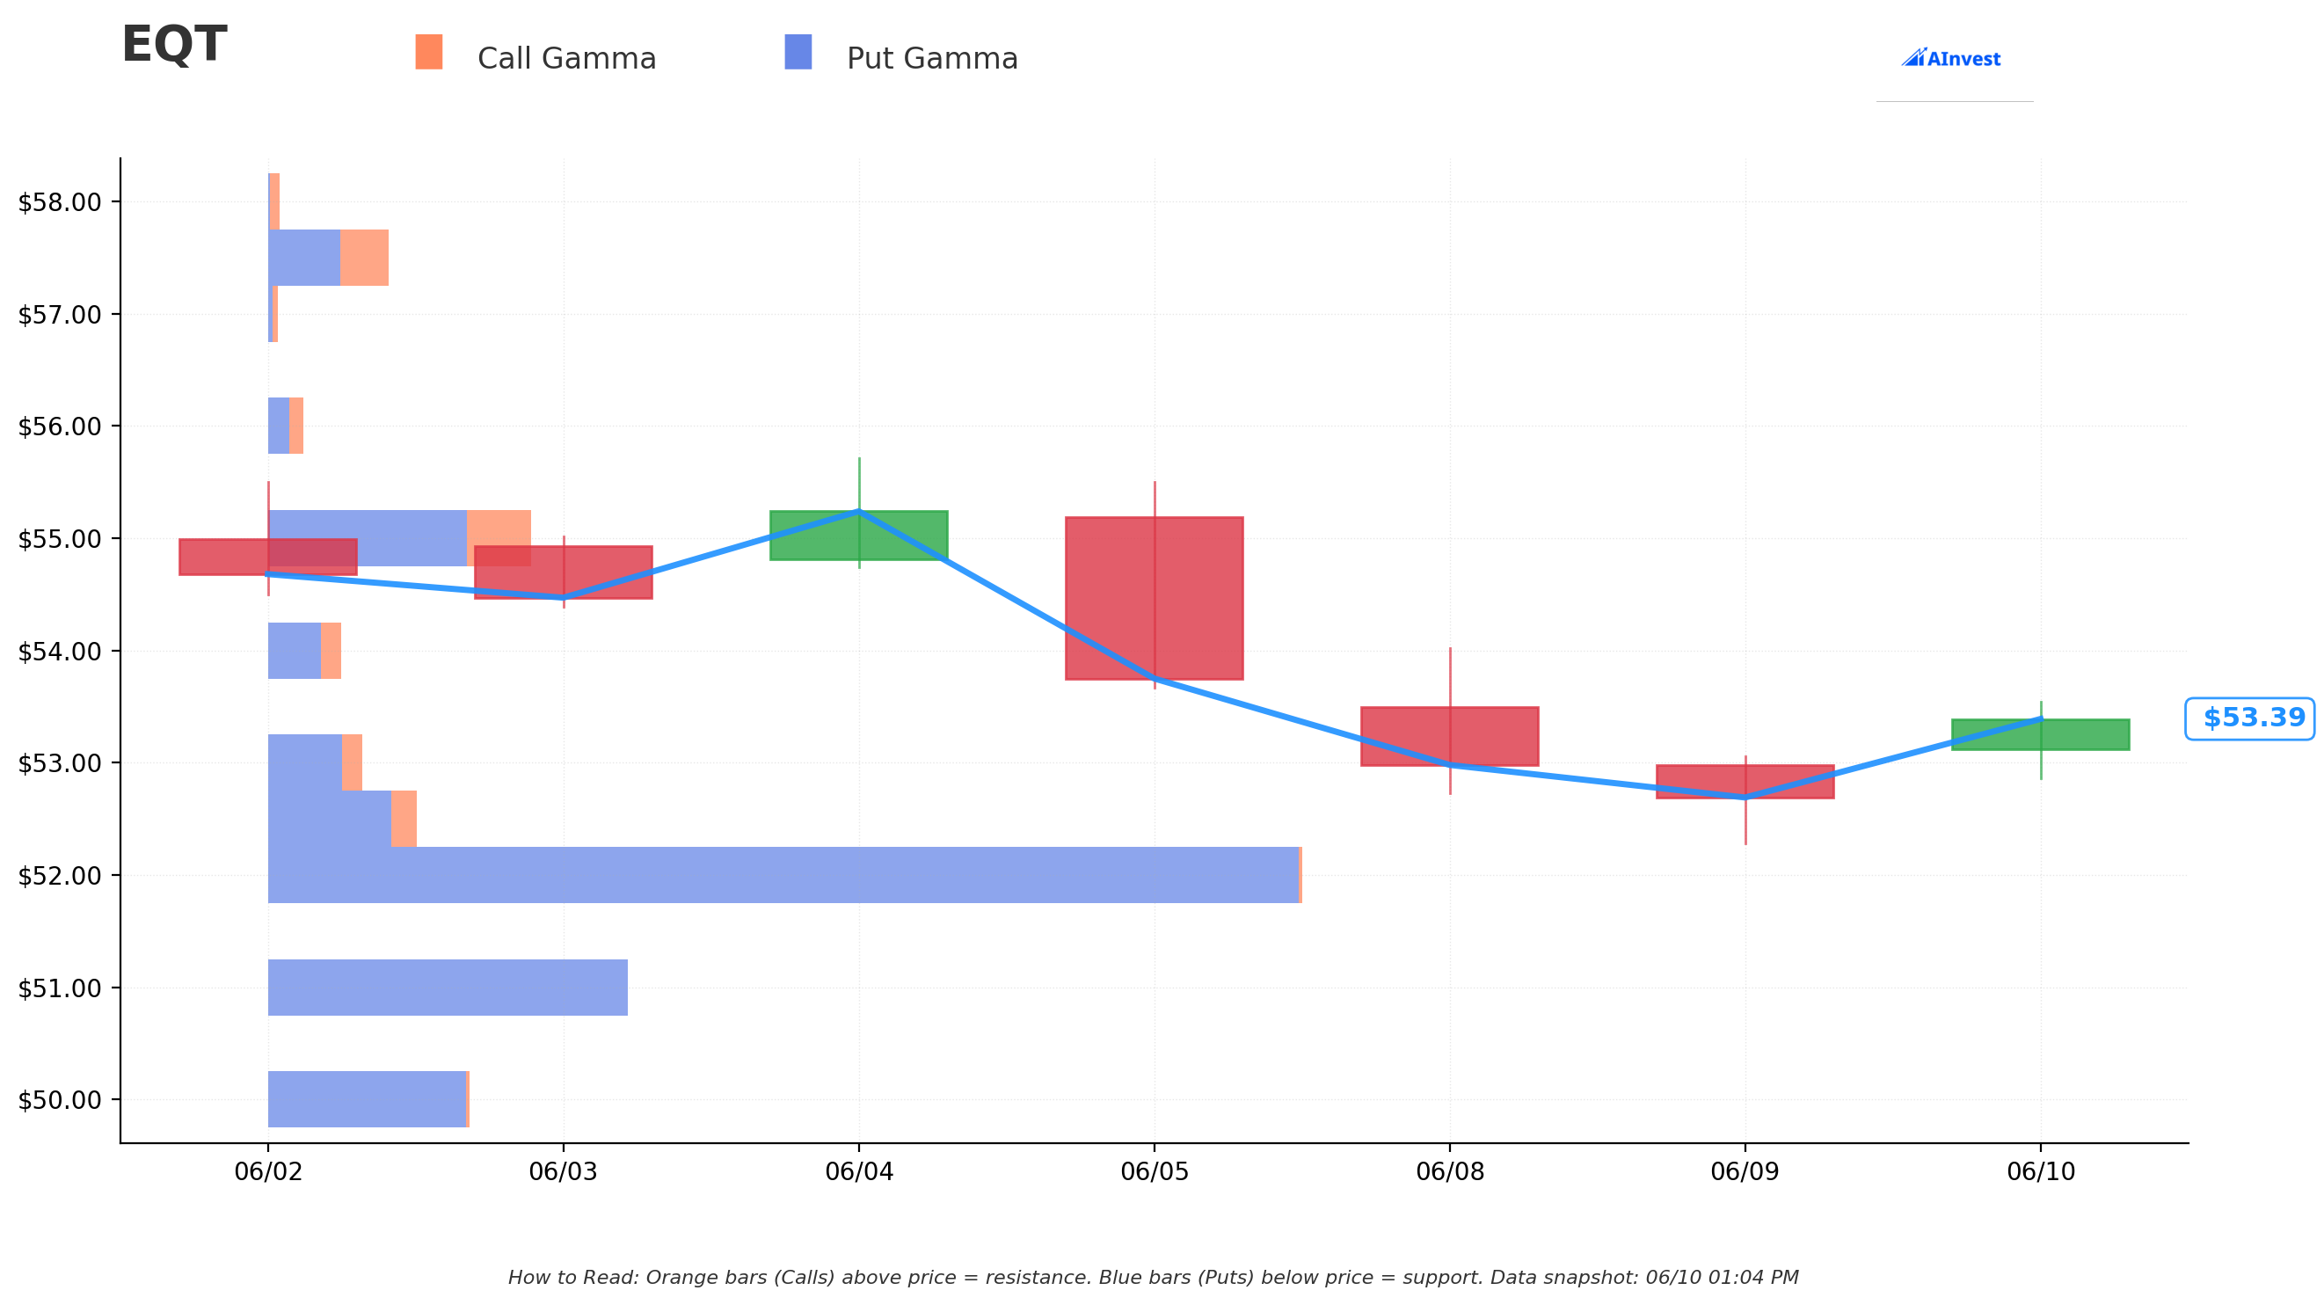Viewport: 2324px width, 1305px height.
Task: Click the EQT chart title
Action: pos(174,45)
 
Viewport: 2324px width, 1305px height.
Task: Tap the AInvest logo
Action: pos(1950,59)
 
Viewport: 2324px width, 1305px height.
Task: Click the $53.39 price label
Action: pos(2250,718)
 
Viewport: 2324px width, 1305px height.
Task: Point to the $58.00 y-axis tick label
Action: pos(60,202)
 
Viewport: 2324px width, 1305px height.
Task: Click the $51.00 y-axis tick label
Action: pos(60,988)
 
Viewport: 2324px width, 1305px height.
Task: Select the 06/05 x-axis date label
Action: pos(1155,1171)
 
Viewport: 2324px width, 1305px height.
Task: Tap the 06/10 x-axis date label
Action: pos(2041,1171)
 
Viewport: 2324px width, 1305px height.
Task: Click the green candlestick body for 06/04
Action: pos(859,536)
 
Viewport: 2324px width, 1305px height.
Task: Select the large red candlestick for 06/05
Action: pos(1155,598)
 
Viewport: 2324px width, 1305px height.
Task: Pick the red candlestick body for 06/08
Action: pos(1450,736)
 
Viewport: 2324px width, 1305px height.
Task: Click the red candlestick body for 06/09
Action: pos(1745,782)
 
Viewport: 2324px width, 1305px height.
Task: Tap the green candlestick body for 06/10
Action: pos(2041,734)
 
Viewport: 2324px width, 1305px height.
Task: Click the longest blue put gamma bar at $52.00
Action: pos(783,874)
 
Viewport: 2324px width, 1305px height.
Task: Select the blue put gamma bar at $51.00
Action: pos(448,988)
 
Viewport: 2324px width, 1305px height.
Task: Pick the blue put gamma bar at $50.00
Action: pos(368,1099)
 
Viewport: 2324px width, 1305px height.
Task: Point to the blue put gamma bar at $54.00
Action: pos(294,651)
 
